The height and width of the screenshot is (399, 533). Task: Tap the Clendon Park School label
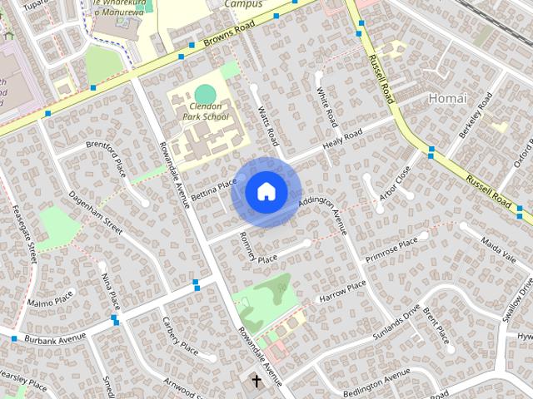[x=205, y=112]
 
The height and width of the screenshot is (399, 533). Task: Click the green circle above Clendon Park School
[x=205, y=93]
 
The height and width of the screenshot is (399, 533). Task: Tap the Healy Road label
[x=342, y=140]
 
